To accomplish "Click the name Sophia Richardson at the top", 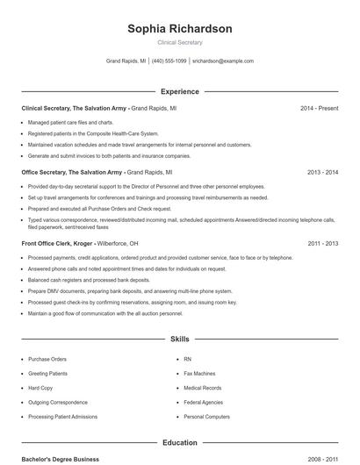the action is (180, 29).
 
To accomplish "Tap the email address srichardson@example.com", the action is (223, 61).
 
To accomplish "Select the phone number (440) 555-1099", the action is (169, 61).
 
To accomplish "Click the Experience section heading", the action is (180, 91).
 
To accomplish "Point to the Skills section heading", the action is (180, 339).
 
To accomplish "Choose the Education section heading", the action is (180, 443).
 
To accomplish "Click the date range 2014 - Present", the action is (319, 108).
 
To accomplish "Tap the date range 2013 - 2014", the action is (323, 173).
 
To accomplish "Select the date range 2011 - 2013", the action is (323, 243).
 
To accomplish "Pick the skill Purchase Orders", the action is (47, 359).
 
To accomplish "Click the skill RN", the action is (187, 359).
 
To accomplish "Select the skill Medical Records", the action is (203, 387).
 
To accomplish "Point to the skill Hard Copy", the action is (40, 387).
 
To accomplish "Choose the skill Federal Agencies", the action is (204, 402).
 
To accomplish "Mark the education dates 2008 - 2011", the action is (323, 459).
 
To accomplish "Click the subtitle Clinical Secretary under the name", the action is (180, 42).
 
